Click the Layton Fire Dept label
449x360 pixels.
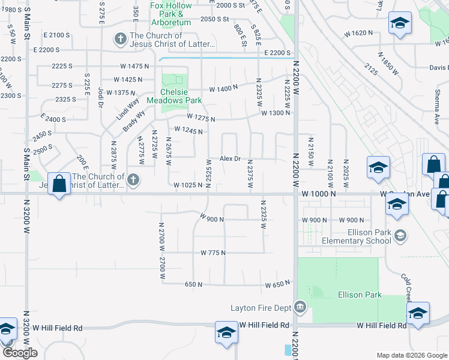(x=261, y=308)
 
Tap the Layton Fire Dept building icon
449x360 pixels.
(x=301, y=308)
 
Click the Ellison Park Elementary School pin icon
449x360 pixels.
(x=400, y=236)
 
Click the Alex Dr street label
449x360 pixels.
(x=230, y=159)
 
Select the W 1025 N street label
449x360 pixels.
(x=187, y=185)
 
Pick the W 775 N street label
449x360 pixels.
(x=213, y=253)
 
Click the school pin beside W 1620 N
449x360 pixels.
(x=400, y=24)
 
